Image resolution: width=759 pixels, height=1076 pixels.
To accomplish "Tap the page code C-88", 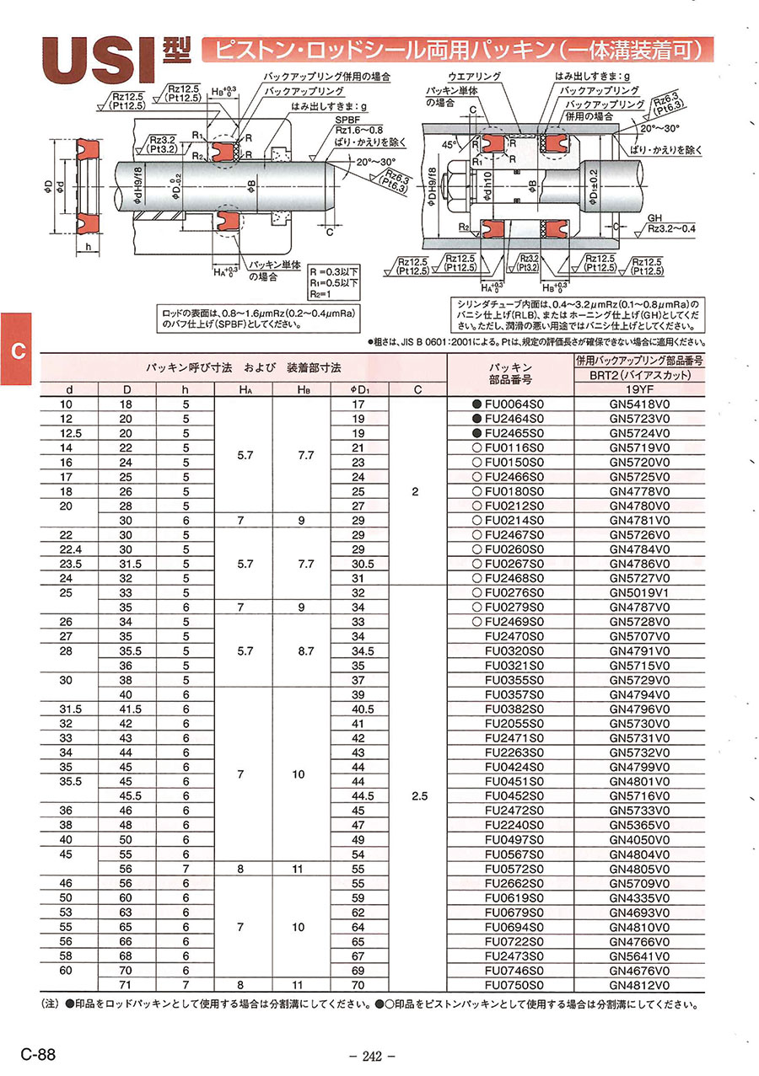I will point(40,1054).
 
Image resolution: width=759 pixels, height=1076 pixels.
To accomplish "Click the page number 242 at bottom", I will point(372,1056).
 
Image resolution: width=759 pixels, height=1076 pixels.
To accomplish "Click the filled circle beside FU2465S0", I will point(476,432).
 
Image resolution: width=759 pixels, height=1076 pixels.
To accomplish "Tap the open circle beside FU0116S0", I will point(476,447).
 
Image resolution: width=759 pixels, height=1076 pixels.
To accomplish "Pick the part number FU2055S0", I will point(516,723).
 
